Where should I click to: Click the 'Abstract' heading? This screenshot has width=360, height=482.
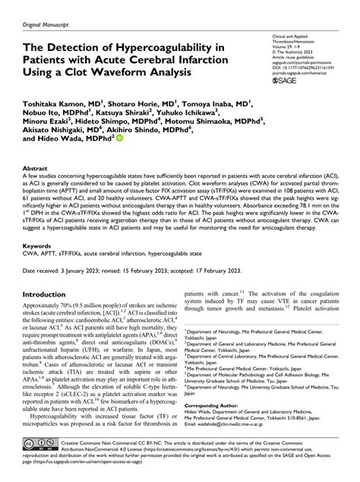tap(36, 169)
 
